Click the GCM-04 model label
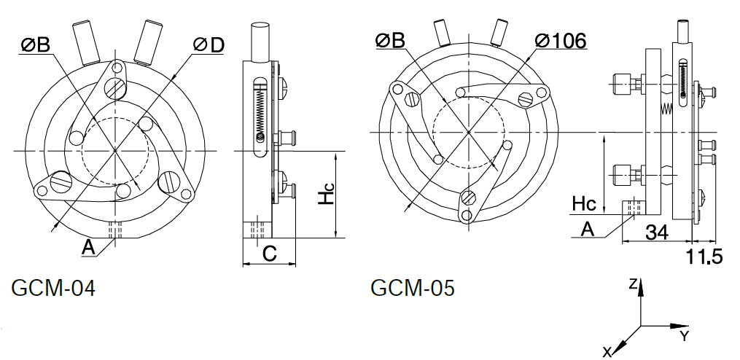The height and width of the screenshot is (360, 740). (x=52, y=288)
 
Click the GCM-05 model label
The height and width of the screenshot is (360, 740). (x=413, y=288)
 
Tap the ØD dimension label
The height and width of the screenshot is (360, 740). (x=209, y=45)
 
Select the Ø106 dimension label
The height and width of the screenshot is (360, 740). (x=561, y=41)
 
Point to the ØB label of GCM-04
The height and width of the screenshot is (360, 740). (x=36, y=45)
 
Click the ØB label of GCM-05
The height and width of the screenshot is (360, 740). (x=390, y=41)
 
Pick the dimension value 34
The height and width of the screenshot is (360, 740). (x=657, y=232)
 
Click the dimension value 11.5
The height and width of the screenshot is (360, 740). (x=704, y=257)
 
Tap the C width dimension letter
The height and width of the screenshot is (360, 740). (x=269, y=254)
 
